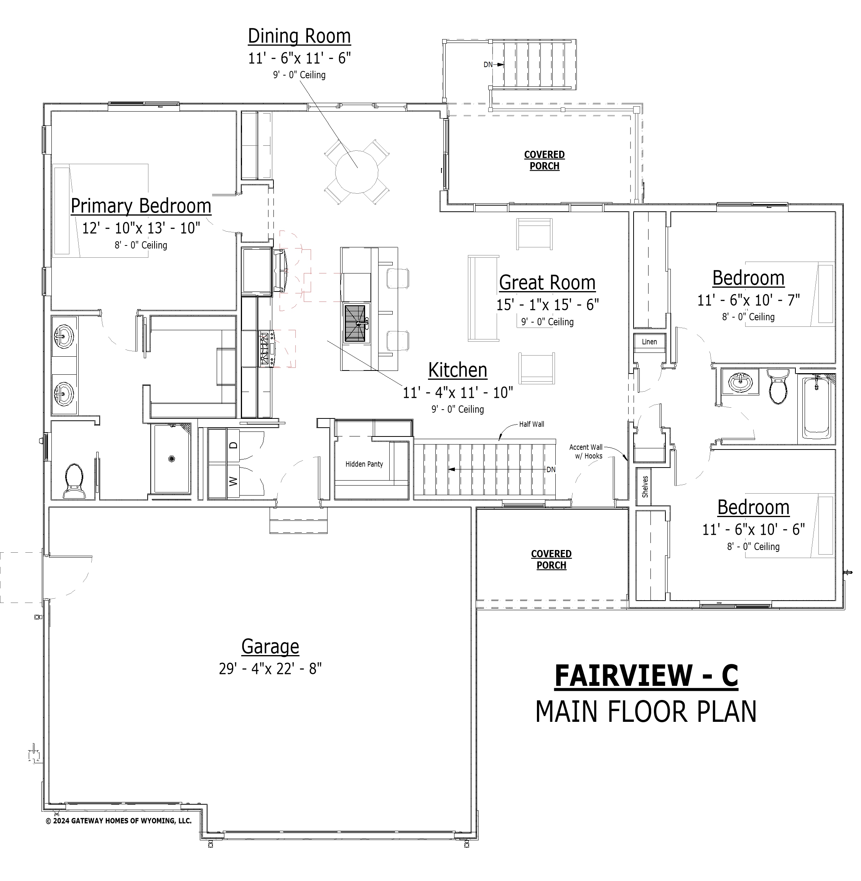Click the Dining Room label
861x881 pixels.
tap(300, 36)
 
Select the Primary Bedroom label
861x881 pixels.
tap(141, 206)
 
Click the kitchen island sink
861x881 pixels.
tap(357, 323)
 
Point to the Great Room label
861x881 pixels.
tap(547, 283)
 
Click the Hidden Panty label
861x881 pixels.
tap(364, 464)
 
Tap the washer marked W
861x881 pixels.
tap(233, 481)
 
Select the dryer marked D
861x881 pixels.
tap(233, 445)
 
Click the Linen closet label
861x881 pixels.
tap(649, 342)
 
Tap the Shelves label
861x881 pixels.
tap(645, 487)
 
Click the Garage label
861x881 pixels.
tap(270, 647)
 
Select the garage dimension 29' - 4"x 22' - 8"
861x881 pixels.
tap(270, 669)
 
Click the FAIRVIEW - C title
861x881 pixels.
tap(646, 676)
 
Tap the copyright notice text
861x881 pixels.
tap(119, 821)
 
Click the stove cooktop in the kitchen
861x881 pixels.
tap(266, 348)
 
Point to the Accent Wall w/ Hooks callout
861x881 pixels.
tap(586, 452)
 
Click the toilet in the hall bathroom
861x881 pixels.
tap(778, 387)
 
